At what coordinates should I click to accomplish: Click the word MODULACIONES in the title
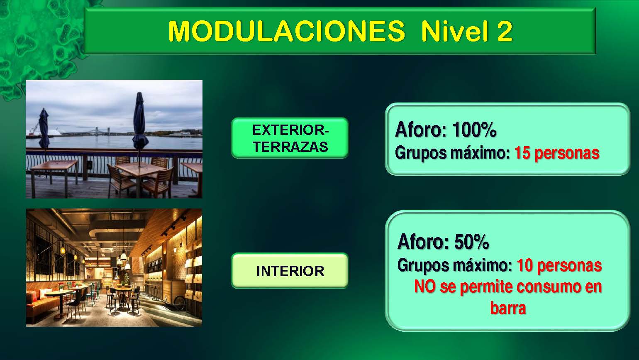coord(286,31)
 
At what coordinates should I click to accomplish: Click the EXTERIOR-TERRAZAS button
coord(290,138)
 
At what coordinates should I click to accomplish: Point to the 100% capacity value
coord(474,130)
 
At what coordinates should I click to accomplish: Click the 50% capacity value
coord(471,242)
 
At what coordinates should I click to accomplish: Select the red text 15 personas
coord(556,153)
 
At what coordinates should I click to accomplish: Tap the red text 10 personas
coord(559,265)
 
